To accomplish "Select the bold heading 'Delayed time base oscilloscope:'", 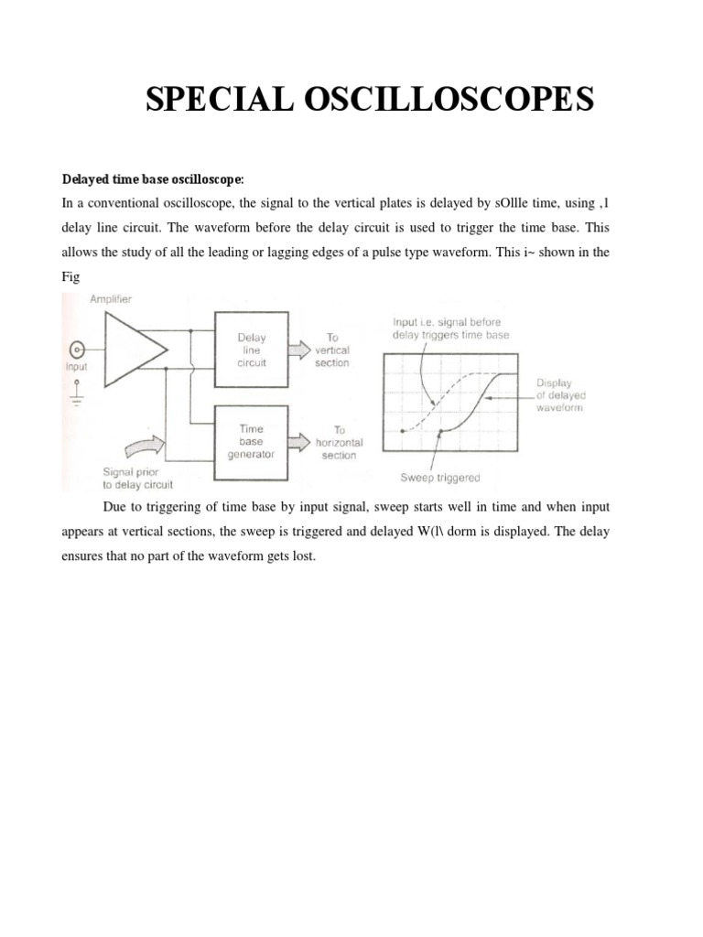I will tap(146, 178).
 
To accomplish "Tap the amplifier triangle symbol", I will tap(134, 349).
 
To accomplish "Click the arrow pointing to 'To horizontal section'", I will tap(299, 442).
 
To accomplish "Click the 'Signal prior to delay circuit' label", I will tap(135, 479).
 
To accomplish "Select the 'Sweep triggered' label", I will tap(440, 478).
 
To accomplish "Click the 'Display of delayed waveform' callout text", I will tap(560, 395).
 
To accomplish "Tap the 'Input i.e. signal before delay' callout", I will tap(450, 328).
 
